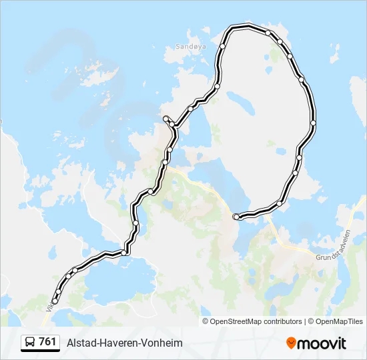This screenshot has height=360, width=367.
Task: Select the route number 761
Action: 47,342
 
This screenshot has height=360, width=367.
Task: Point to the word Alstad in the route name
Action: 80,343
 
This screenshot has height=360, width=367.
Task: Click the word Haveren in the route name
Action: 121,343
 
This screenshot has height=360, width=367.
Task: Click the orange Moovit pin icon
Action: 291,343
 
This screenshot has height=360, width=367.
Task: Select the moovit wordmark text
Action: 322,343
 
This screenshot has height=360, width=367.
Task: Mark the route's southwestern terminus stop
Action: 55,301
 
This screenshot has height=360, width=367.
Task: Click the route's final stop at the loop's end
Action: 236,217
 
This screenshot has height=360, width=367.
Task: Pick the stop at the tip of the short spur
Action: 165,118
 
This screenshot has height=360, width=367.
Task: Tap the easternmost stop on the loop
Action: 313,123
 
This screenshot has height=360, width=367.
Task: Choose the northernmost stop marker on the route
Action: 268,33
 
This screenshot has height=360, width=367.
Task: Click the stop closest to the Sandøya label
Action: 223,47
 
